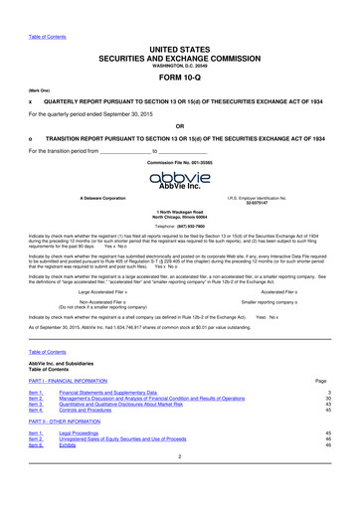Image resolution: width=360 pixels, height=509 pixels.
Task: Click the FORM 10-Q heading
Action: click(x=180, y=76)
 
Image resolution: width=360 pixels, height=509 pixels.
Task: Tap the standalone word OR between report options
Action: click(x=179, y=126)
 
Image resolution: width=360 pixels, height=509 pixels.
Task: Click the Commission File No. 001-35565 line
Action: click(x=180, y=161)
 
